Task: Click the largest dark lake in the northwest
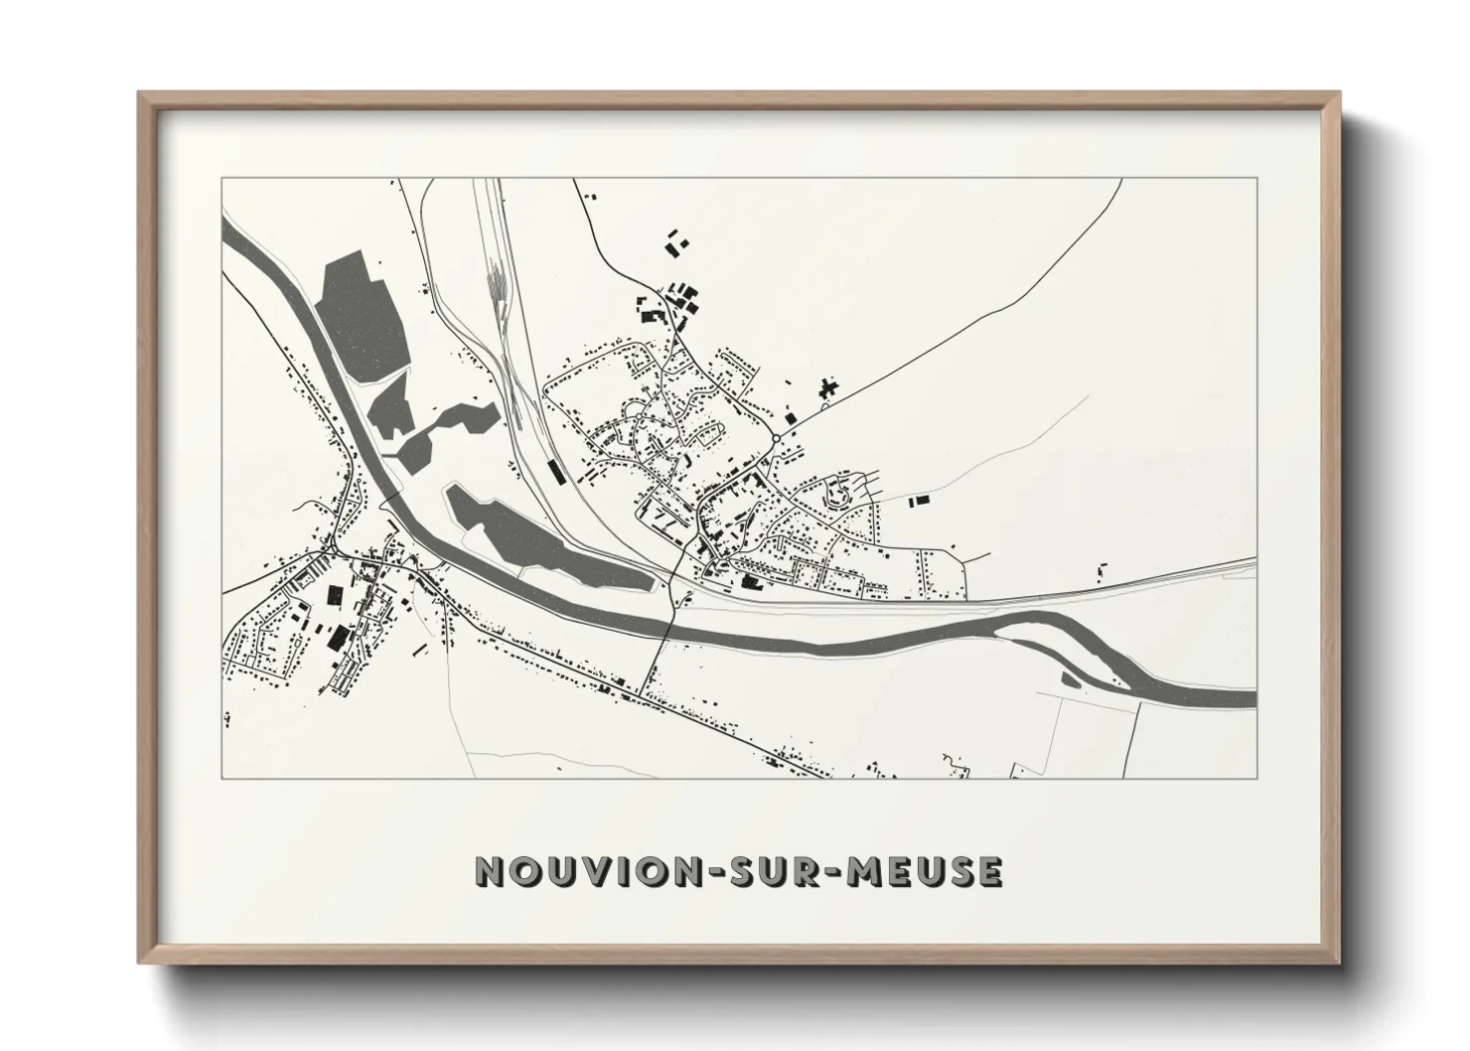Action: pyautogui.click(x=363, y=314)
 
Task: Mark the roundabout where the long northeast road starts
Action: pyautogui.click(x=775, y=438)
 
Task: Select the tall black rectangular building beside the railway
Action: pyautogui.click(x=555, y=469)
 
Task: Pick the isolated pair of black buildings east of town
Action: pyautogui.click(x=917, y=500)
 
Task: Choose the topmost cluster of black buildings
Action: pyautogui.click(x=676, y=241)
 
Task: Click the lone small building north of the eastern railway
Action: pyautogui.click(x=1100, y=570)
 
